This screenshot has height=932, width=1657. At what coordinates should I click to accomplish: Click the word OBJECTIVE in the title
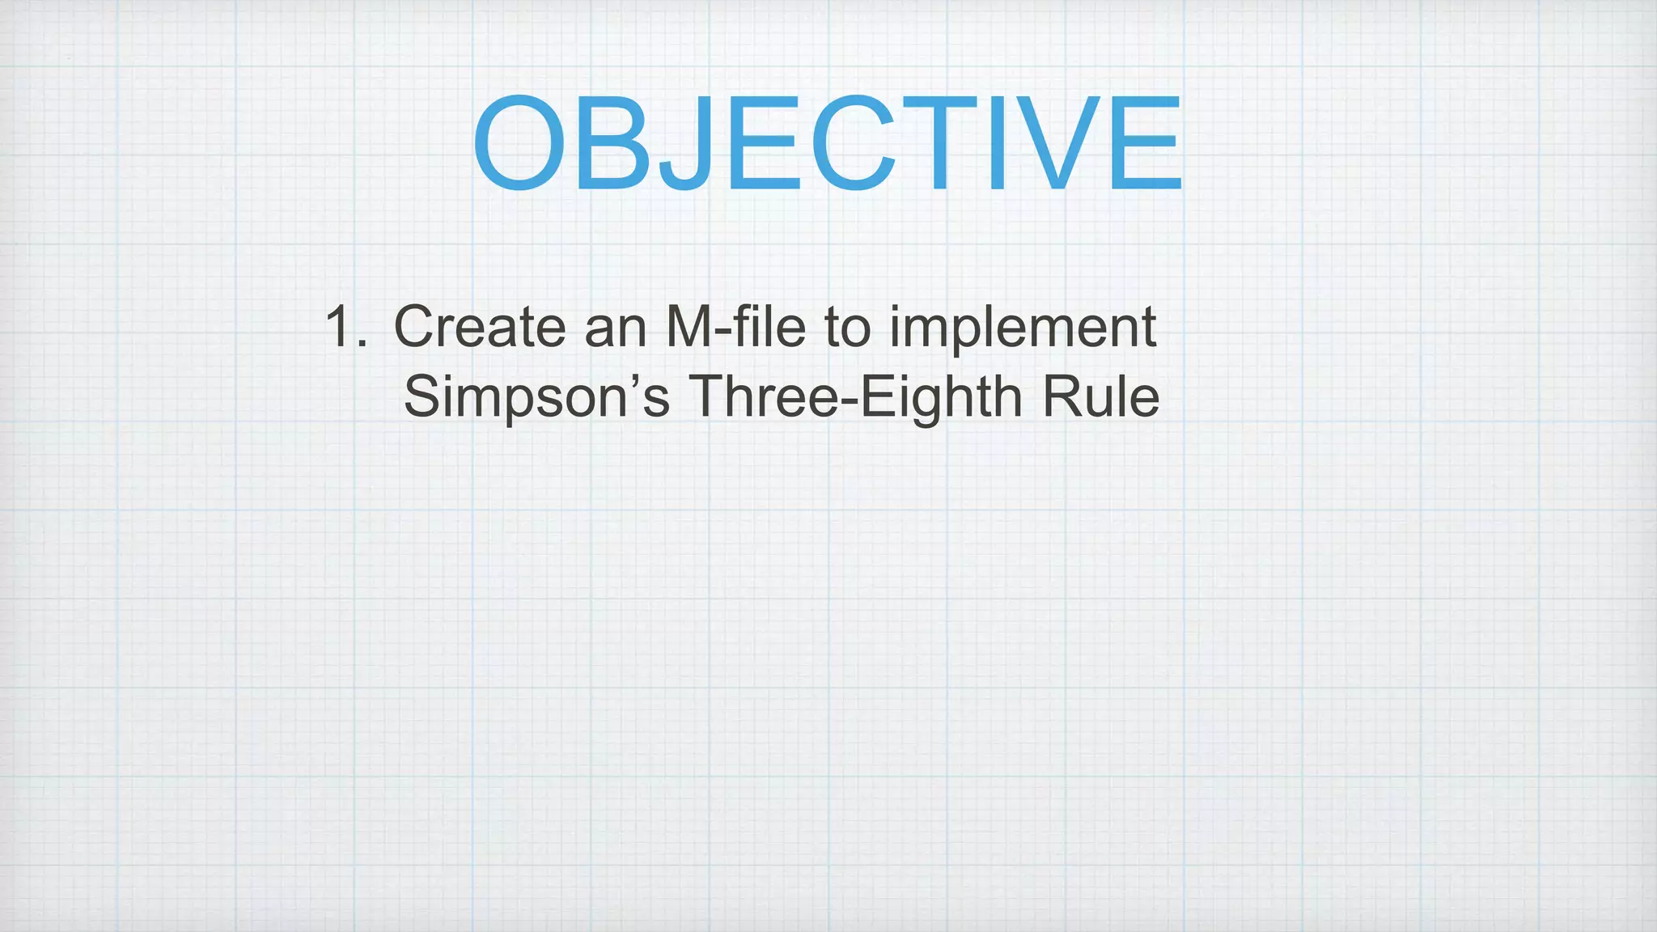(827, 143)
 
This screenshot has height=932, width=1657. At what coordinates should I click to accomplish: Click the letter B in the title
(611, 143)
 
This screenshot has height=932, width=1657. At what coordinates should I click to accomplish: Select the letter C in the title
(852, 143)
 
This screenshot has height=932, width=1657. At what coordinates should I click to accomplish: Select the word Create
(479, 328)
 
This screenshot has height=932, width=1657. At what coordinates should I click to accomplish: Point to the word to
(847, 328)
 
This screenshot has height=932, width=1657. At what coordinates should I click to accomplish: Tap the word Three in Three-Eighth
(763, 396)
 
